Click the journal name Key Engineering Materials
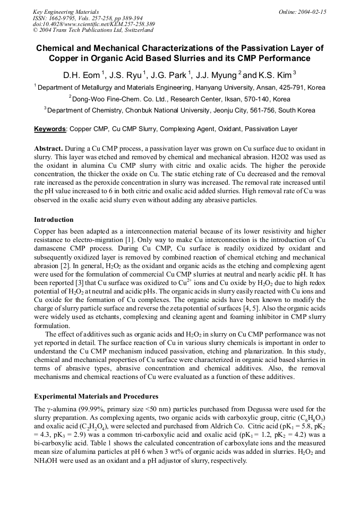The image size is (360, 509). point(66,11)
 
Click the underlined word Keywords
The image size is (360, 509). point(50,129)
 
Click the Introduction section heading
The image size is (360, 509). point(54,220)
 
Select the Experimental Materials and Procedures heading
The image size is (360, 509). point(96,396)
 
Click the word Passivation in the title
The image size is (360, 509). point(258,48)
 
